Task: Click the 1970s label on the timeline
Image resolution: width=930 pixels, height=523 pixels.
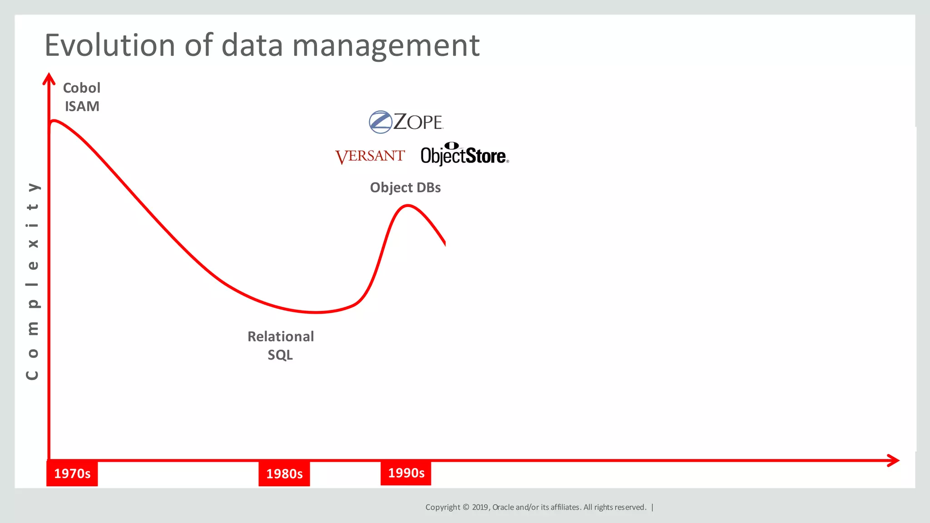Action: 72,474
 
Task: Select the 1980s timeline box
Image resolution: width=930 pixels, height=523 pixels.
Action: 284,474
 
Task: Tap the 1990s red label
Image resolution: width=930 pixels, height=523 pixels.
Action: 406,473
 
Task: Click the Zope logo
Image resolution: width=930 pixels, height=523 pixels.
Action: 406,122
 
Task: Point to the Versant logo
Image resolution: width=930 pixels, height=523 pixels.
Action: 370,156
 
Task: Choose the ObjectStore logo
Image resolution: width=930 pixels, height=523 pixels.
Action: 464,155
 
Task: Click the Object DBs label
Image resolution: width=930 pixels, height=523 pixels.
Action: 405,187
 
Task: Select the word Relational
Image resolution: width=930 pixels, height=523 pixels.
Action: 281,336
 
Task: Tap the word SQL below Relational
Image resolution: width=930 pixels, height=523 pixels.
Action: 280,355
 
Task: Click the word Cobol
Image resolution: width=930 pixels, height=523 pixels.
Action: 82,88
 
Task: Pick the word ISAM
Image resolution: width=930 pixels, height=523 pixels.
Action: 82,106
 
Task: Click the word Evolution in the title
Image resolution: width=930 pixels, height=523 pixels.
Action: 109,45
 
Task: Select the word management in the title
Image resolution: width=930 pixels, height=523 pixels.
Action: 386,45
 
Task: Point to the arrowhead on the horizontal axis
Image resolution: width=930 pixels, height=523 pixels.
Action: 894,460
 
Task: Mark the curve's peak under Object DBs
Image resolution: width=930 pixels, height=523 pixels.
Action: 407,206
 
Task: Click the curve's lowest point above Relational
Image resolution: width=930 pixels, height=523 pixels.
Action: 316,312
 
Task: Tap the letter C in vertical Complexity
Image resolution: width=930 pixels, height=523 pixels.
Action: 32,375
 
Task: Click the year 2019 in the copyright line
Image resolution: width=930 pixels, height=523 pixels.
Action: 480,507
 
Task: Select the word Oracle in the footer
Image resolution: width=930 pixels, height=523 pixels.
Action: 503,507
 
